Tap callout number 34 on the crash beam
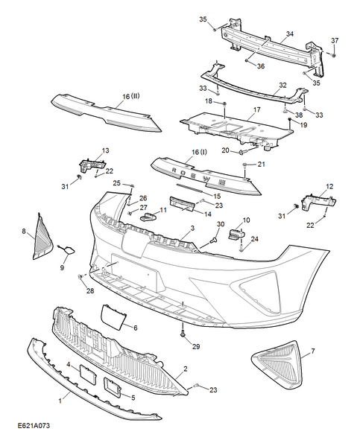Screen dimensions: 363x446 point(289,34)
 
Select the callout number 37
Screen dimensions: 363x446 point(335,40)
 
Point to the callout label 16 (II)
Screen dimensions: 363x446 point(131,97)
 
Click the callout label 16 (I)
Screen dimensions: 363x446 point(199,152)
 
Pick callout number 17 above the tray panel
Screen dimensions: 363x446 point(257,109)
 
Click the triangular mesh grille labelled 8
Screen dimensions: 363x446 point(42,237)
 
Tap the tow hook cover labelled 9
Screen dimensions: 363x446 point(68,249)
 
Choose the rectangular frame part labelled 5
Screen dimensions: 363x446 point(113,387)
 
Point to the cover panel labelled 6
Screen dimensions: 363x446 point(113,315)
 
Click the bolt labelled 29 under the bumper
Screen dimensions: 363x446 point(183,334)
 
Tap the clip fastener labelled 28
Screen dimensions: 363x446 point(81,276)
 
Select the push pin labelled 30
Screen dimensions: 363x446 point(212,241)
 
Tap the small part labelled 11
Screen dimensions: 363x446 point(148,217)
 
